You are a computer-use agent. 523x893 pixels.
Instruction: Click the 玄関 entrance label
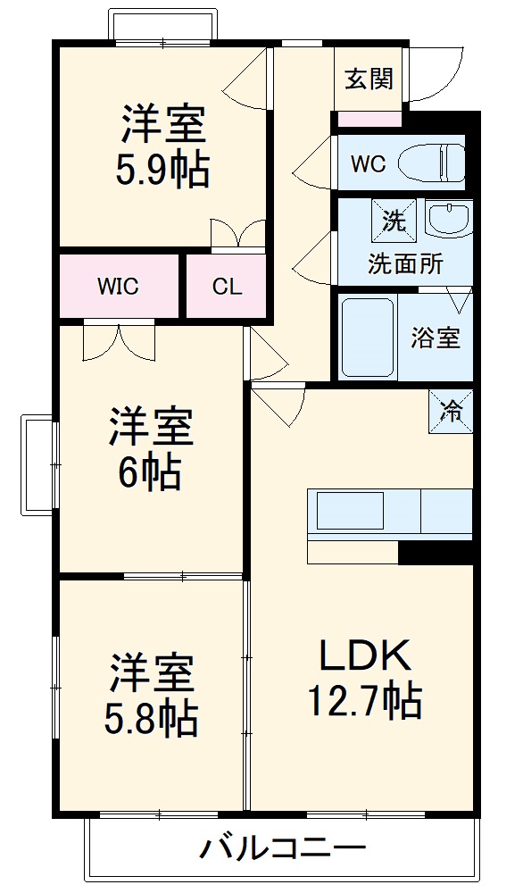pos(369,79)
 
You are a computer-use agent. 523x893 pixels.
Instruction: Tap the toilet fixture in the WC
pos(432,163)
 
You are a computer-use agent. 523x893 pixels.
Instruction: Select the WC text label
pos(368,164)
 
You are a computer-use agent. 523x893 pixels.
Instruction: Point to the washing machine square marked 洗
pos(394,220)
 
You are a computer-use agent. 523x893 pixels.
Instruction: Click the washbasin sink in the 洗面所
pos(448,218)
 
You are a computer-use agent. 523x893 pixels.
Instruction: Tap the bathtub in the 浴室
pos(368,338)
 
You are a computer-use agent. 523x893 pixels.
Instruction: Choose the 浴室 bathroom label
pos(436,338)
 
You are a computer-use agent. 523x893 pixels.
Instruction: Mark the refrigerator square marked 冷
pos(452,412)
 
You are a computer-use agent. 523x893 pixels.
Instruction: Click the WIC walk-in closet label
pos(119,287)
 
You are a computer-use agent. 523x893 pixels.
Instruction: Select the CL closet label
pos(227,287)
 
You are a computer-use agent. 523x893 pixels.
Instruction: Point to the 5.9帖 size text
pos(162,170)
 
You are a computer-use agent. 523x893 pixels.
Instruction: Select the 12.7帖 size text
pos(365,701)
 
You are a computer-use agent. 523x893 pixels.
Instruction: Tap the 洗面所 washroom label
pos(406,264)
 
